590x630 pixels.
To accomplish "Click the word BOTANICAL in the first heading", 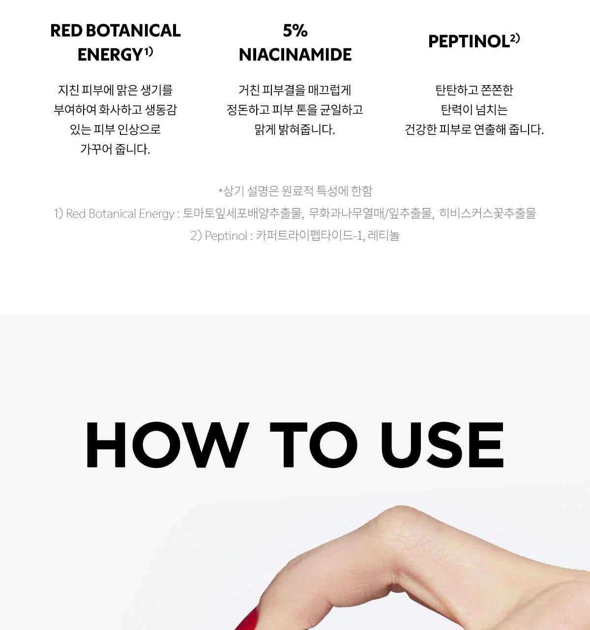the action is point(133,31).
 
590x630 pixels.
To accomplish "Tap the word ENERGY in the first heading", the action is point(110,55).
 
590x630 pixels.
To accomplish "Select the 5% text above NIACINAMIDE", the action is point(295,31).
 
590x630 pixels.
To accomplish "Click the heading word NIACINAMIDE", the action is point(295,55).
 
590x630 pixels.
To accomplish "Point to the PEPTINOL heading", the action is point(469,41).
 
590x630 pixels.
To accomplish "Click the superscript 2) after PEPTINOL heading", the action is point(515,38).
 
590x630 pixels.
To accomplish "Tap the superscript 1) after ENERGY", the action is point(148,51).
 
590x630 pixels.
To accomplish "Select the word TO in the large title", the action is point(313,444).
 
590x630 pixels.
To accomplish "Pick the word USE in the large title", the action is point(442,444).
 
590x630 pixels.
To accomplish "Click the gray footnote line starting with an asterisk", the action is point(295,191).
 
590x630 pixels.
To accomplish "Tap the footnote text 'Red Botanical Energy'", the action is point(120,214).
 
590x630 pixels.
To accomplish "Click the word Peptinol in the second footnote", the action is point(226,236).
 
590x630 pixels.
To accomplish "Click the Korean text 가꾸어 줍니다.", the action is point(115,149).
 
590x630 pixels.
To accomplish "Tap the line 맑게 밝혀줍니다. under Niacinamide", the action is point(295,129).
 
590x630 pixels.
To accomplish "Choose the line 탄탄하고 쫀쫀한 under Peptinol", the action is point(474,90).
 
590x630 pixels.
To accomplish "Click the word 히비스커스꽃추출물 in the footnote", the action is point(487,214).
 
